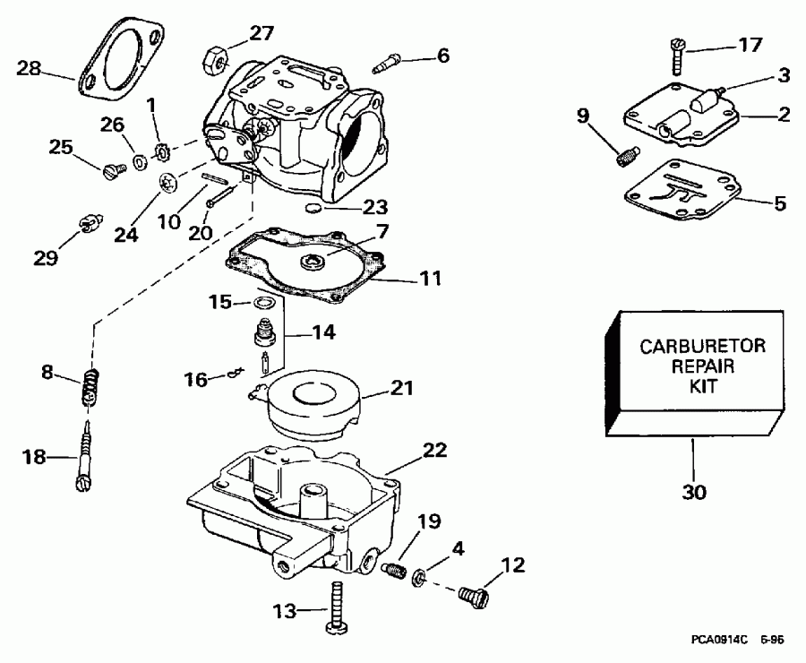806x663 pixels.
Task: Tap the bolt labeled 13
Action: coord(339,609)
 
